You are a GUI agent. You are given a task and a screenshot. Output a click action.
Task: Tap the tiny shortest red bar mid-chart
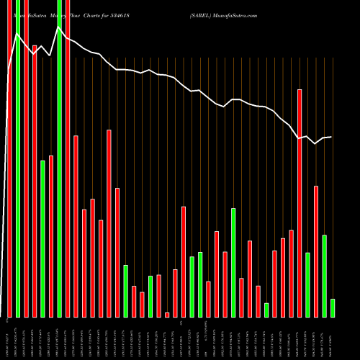click(167, 315)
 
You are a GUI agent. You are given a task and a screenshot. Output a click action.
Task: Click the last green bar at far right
click(333, 308)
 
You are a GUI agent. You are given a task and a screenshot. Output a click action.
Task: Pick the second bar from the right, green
click(324, 276)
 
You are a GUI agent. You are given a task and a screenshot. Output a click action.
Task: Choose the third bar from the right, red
click(316, 251)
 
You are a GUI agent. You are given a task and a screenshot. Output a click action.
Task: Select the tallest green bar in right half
click(233, 263)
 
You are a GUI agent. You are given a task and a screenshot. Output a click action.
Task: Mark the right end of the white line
click(332, 137)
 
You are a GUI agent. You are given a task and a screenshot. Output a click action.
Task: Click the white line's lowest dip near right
click(315, 144)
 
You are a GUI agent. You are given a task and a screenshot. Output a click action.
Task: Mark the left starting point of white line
click(8, 71)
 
